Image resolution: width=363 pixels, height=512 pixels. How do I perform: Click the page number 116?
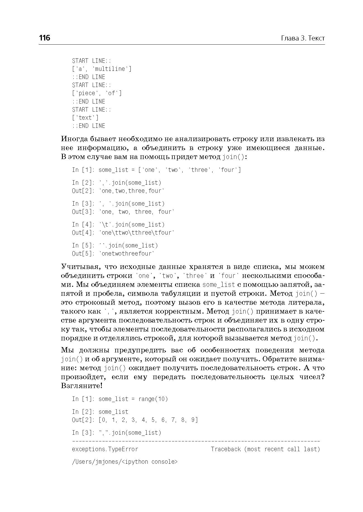coord(45,38)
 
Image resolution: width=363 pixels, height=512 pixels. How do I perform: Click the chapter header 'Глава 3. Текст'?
coord(303,38)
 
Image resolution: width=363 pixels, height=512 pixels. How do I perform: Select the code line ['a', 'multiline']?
coord(102,69)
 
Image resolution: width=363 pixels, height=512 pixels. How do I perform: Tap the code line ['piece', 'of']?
coord(97,93)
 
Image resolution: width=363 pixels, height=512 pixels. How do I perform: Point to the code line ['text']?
coord(85,118)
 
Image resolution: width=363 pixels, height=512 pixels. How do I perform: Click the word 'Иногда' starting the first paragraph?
coord(75,139)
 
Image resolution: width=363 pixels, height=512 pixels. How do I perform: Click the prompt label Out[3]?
coord(83,212)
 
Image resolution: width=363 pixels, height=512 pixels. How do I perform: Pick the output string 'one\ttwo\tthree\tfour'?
coord(137,233)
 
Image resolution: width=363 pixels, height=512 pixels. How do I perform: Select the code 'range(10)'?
coord(153,399)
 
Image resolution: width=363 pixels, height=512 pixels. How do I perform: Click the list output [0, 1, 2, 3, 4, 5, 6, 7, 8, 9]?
coord(148,420)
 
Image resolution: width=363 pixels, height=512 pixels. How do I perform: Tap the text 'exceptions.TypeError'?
coord(105,449)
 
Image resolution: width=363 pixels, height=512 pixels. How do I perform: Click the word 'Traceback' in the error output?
coord(226,449)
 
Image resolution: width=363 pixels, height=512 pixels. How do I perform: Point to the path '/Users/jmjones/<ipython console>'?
coord(125,462)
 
